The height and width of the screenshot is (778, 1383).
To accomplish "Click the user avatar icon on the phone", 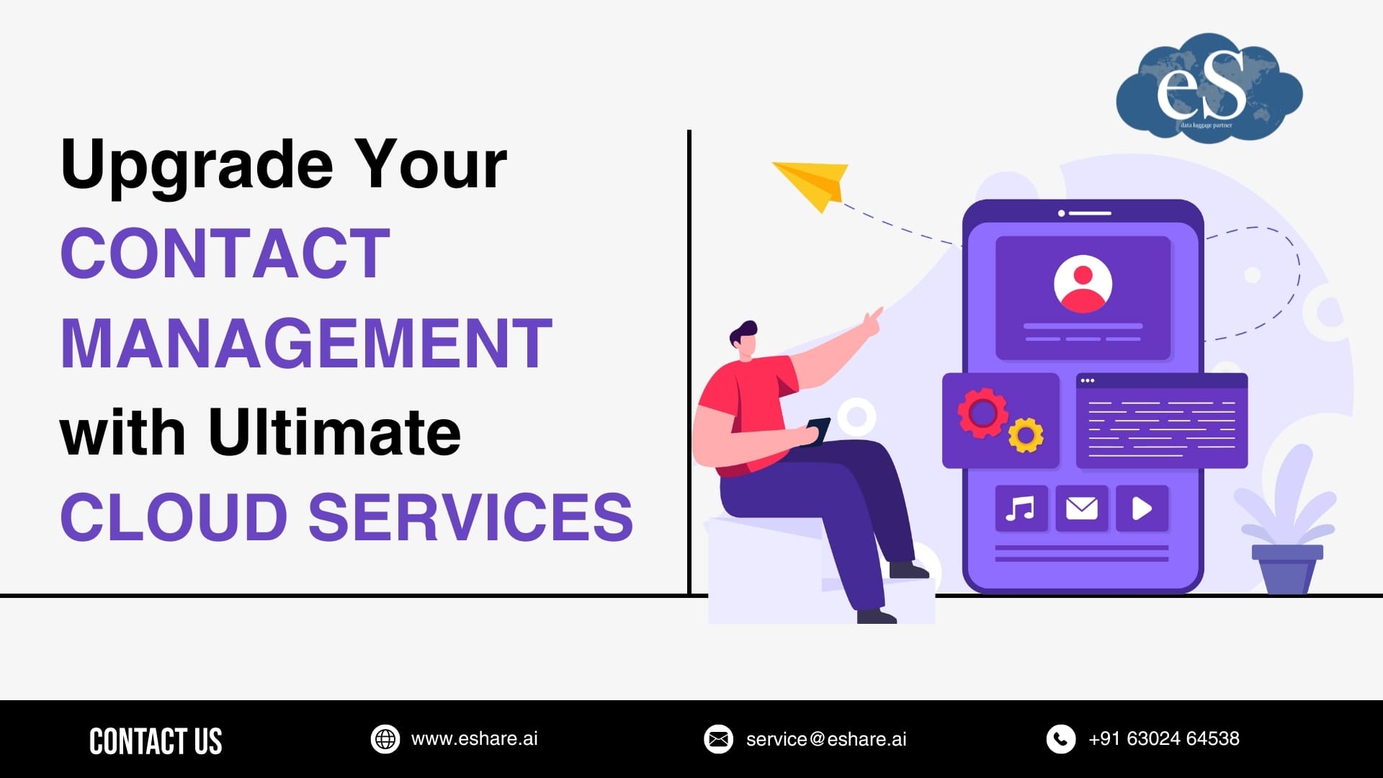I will (x=1083, y=284).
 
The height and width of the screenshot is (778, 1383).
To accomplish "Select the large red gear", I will (x=982, y=413).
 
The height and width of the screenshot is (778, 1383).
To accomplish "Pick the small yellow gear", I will (x=1026, y=434).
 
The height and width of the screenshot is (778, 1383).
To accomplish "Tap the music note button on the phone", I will (x=1021, y=509).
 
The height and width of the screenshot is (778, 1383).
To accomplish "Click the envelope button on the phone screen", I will (x=1081, y=509).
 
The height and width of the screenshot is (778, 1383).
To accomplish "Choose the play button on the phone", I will (x=1142, y=509).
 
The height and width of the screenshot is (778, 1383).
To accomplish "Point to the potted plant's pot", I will (x=1287, y=568).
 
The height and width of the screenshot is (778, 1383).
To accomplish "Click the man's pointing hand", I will (x=872, y=321).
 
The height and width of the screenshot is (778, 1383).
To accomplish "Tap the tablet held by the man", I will (x=818, y=430).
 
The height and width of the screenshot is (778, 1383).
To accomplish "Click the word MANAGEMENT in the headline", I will (x=306, y=344).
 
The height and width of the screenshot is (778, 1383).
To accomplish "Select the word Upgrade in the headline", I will (x=197, y=166).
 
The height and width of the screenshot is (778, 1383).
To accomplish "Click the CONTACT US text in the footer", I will (x=156, y=741).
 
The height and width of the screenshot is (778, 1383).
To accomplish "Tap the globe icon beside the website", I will (x=385, y=739).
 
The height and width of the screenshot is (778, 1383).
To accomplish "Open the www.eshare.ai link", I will (x=474, y=739).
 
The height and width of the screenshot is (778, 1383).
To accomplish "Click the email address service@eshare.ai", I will (x=826, y=739).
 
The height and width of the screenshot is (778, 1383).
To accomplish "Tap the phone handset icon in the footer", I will (x=1060, y=739).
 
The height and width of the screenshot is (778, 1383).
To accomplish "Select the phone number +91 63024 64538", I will (x=1164, y=739).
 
